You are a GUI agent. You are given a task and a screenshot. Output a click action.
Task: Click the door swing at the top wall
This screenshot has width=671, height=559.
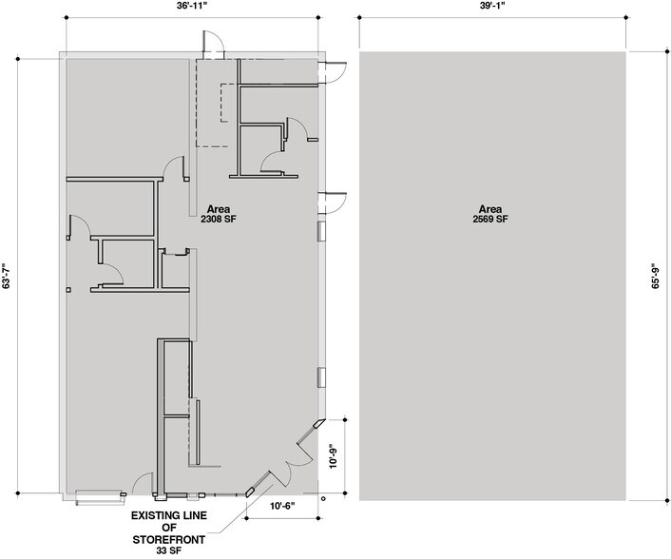213,43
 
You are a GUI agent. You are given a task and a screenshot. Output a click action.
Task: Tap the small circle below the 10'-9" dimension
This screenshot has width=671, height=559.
323,497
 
